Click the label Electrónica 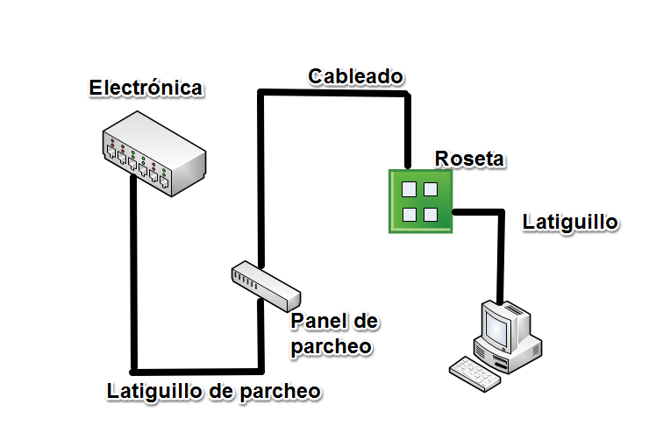coord(146,89)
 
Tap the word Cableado coord(355,77)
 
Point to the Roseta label coord(469,159)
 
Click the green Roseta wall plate coord(421,201)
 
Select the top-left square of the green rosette coord(409,188)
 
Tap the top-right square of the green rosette coord(431,188)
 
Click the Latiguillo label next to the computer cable coord(570,222)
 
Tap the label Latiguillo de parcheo coord(213,391)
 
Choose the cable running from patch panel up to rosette coord(260,175)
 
